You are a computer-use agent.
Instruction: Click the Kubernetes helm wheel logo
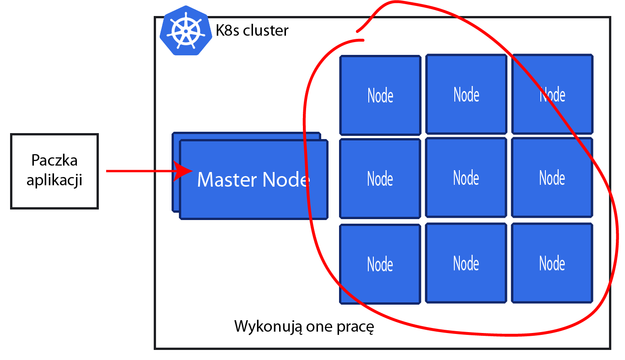click(x=186, y=30)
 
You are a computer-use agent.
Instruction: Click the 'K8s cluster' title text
click(x=252, y=30)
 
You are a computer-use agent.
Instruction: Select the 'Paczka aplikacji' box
click(x=54, y=171)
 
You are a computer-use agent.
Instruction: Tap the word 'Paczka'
click(x=54, y=160)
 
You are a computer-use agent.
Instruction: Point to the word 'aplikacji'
click(x=54, y=180)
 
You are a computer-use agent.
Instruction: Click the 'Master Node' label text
click(x=253, y=179)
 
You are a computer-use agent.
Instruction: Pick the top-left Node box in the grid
click(x=380, y=95)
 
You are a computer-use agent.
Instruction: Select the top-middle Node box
click(x=466, y=94)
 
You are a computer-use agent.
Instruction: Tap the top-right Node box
click(x=552, y=94)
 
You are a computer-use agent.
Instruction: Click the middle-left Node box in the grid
click(x=380, y=178)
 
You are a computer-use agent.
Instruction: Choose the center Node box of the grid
click(x=466, y=177)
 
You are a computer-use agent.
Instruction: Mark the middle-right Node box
click(x=552, y=177)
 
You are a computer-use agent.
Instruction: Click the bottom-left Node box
click(x=380, y=264)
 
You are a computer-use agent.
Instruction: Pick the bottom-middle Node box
click(x=466, y=263)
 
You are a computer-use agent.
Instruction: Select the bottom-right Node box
click(x=552, y=263)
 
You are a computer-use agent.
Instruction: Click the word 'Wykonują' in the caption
click(x=268, y=326)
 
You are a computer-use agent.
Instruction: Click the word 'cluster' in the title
click(x=266, y=30)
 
